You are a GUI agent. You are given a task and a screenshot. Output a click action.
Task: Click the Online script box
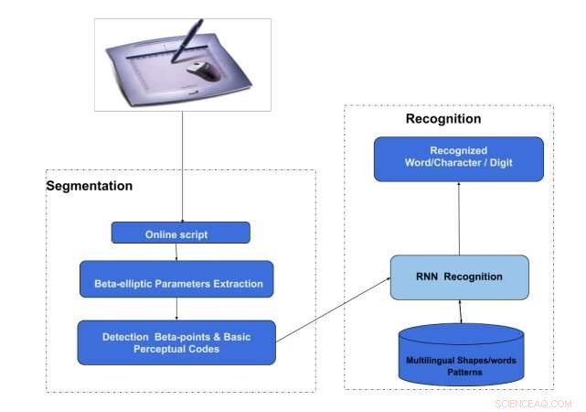pos(180,233)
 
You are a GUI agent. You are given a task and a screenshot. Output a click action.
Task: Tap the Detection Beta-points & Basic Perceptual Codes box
pos(176,342)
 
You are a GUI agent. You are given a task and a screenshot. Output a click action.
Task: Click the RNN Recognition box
pos(460,276)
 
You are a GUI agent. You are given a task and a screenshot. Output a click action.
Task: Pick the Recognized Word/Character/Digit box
pos(458,158)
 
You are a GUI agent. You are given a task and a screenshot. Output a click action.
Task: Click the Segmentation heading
pos(90,186)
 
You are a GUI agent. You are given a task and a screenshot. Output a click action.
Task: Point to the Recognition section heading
pos(442,119)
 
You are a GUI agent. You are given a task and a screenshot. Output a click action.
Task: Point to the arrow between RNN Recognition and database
pos(460,311)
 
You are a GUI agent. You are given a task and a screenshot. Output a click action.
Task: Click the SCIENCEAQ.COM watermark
pos(533,403)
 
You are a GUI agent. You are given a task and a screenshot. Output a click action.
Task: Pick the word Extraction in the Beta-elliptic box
pos(238,284)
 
